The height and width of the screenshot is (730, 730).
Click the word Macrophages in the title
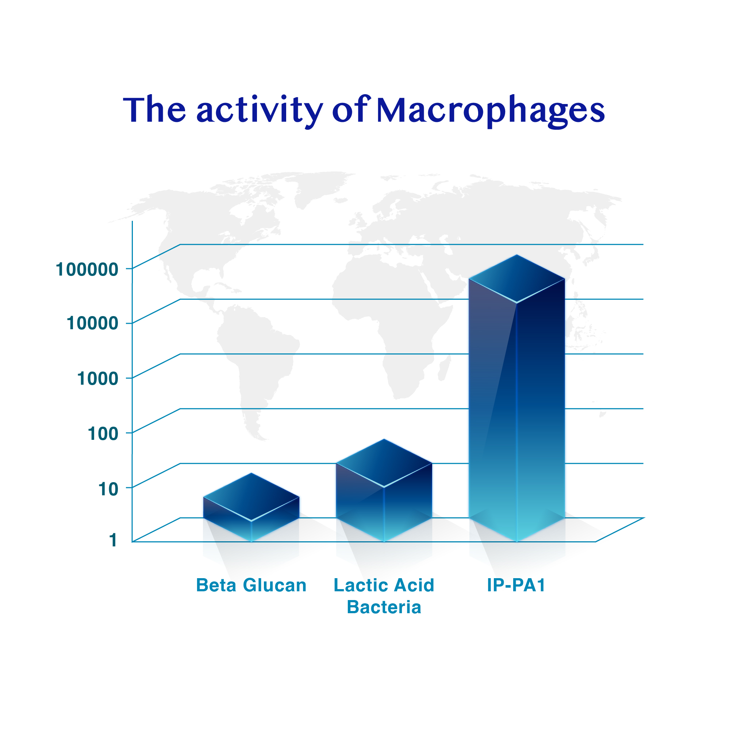[491, 111]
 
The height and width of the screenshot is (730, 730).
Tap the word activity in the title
[259, 111]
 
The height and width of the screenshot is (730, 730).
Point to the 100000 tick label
[87, 270]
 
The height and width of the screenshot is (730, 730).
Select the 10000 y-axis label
[93, 323]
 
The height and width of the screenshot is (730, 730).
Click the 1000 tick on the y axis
[98, 379]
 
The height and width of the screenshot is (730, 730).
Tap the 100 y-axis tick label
[103, 433]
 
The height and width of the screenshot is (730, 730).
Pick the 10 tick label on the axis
[108, 489]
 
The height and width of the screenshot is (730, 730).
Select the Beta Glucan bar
[251, 508]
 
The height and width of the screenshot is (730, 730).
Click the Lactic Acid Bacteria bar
[384, 491]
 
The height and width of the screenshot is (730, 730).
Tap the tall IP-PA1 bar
[516, 400]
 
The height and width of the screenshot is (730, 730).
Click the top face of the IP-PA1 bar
[516, 279]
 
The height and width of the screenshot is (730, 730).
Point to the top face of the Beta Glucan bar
[251, 497]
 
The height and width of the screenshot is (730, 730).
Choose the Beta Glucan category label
[251, 585]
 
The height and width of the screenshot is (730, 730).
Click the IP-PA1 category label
[516, 585]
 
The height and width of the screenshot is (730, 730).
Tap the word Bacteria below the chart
[384, 608]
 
